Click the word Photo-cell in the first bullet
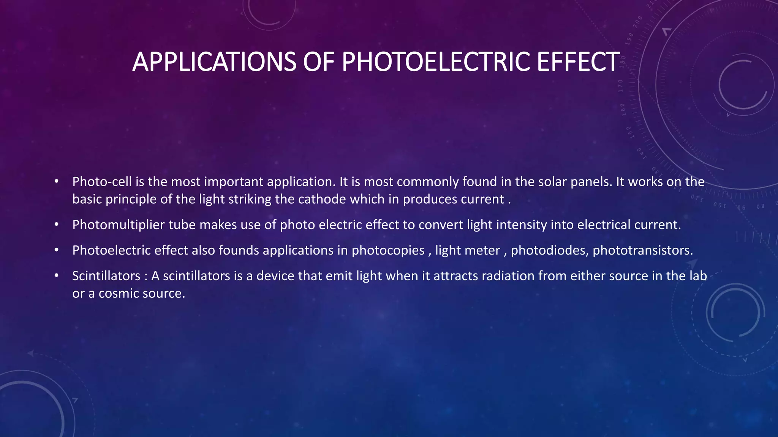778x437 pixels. pyautogui.click(x=102, y=182)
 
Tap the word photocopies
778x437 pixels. pyautogui.click(x=388, y=250)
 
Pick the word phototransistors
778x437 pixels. pyautogui.click(x=642, y=250)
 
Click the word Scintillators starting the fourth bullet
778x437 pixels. pyautogui.click(x=106, y=276)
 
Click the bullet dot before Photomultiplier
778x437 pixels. pyautogui.click(x=56, y=225)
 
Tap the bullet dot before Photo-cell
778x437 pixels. pyautogui.click(x=56, y=182)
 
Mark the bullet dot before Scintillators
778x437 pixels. pyautogui.click(x=56, y=276)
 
